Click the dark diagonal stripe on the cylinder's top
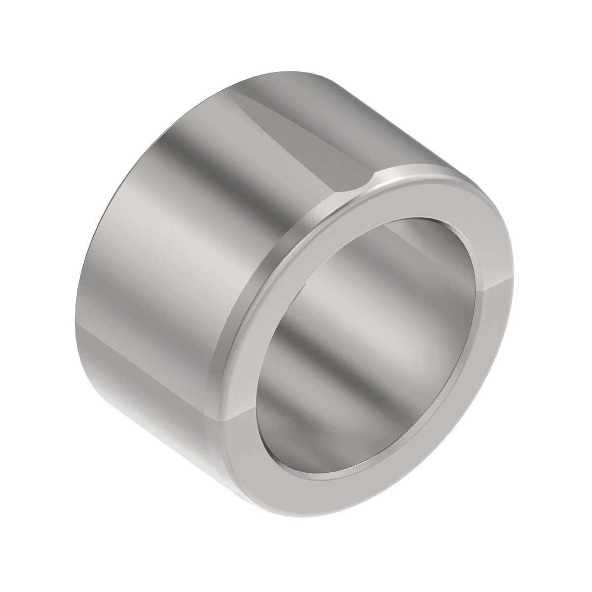316,133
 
